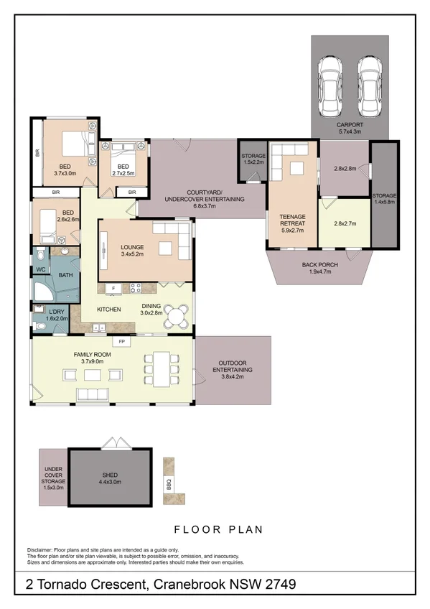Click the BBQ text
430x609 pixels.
169,483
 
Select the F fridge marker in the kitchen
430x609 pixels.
113,288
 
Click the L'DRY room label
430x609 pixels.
57,313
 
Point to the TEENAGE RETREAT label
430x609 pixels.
292,220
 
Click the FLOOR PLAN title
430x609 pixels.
214,530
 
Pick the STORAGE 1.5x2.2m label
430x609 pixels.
253,159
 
